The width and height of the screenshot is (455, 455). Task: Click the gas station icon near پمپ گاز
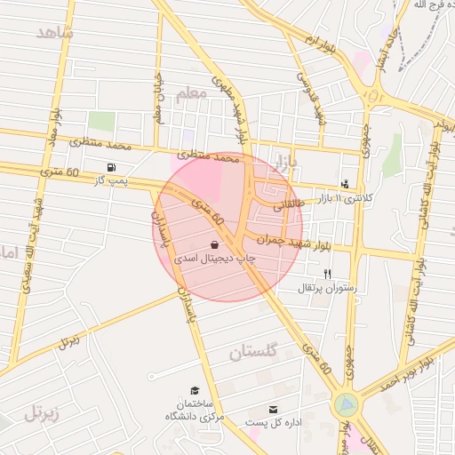pos(110,167)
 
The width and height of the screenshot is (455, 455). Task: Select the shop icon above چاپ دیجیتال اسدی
pos(214,243)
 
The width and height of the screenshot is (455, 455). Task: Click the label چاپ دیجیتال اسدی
pos(214,258)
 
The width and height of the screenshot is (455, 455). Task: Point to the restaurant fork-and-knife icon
pos(328,274)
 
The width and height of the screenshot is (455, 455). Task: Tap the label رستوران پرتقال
pos(329,288)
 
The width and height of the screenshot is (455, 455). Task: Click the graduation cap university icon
pos(195,390)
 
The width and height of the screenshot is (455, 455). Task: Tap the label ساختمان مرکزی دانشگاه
pos(195,411)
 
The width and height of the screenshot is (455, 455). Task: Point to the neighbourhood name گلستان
pos(253,353)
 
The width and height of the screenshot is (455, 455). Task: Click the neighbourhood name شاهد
pos(56,33)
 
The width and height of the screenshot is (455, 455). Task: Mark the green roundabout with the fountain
pos(345,405)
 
